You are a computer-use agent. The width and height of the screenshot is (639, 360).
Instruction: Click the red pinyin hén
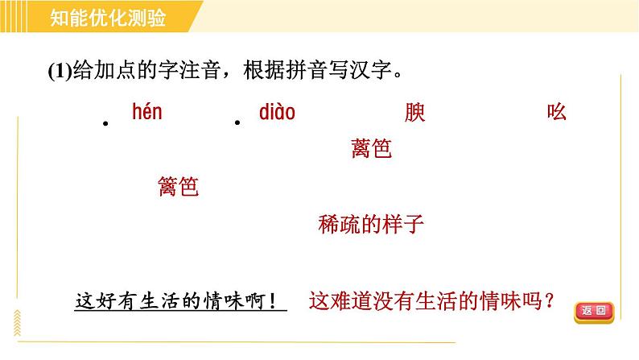pos(146,112)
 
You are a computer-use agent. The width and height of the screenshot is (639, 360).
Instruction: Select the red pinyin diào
pos(277,112)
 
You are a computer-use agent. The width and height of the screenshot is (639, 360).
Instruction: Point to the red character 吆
pos(557,113)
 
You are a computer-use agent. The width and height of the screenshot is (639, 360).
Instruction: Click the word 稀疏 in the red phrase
pos(340,224)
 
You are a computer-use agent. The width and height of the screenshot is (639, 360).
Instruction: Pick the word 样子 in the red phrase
pos(403,224)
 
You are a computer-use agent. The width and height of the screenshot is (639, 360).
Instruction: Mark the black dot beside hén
pos(105,123)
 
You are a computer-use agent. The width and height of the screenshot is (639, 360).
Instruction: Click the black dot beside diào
pos(237,123)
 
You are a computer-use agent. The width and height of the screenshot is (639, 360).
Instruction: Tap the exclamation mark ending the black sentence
pos(276,302)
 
